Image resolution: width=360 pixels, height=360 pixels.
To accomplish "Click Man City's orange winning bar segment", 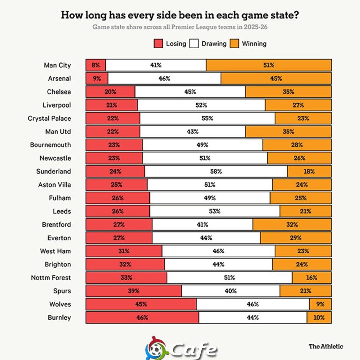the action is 268,65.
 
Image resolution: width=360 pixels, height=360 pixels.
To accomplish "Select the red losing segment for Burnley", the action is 142,317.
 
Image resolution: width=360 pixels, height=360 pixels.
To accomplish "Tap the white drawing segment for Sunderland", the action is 216,172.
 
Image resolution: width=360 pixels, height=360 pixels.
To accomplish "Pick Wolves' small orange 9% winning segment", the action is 321,304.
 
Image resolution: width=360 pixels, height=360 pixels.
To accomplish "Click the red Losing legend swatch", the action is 158,43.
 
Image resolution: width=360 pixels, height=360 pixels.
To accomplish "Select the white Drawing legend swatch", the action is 194,43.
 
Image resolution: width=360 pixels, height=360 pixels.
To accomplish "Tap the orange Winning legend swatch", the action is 234,43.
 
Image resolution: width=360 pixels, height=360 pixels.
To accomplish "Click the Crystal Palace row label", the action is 49,118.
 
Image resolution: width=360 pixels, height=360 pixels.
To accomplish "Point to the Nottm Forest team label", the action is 51,278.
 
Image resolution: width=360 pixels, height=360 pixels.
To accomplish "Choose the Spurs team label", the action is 62,291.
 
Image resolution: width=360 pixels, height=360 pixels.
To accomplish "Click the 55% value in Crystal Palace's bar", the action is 208,118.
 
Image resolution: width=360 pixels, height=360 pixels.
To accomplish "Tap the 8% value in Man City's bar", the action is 96,65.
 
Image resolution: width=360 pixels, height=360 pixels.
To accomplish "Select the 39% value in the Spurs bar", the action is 134,291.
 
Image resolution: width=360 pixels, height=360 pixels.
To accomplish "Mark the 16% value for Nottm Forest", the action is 312,278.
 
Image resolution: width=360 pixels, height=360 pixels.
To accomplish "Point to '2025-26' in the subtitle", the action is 255,27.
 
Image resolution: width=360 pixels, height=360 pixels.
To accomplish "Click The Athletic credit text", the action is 326,347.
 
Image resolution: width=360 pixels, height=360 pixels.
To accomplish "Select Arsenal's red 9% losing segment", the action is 97,79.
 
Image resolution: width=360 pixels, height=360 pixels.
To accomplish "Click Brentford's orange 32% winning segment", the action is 292,224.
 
